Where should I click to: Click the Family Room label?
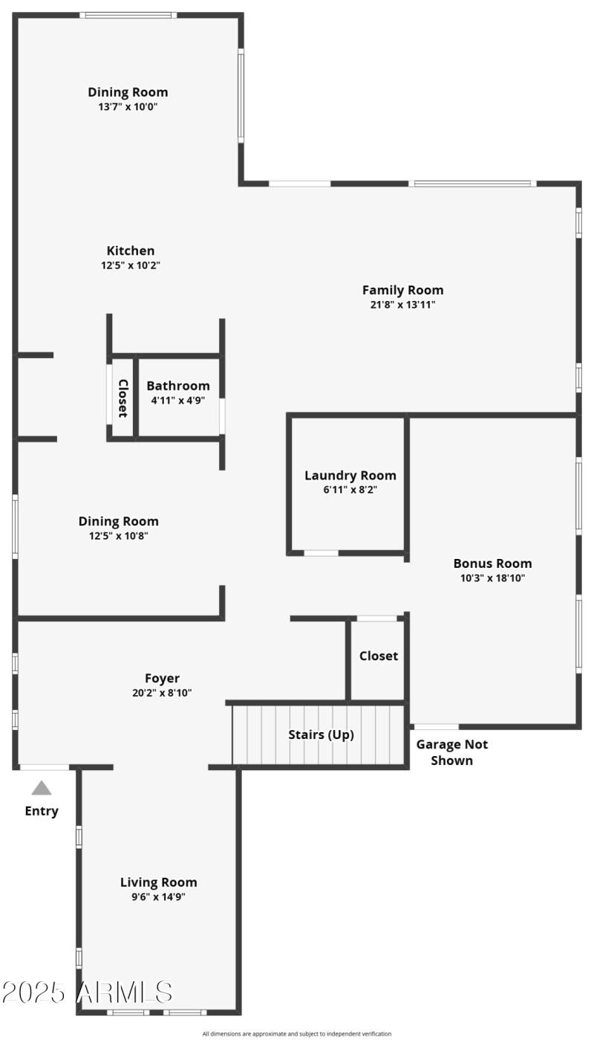coord(402,290)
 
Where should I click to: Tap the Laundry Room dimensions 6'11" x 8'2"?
coord(350,490)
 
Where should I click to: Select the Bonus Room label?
coord(492,563)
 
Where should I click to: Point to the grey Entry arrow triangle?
coord(42,788)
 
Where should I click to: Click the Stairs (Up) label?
coord(321,734)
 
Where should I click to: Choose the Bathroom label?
coord(177,386)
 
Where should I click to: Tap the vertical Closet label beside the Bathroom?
coord(123,398)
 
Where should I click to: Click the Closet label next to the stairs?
coord(378,656)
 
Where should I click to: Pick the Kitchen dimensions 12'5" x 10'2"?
coord(131,265)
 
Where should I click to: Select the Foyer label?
coord(162,678)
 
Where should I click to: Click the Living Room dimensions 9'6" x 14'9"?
coord(158,897)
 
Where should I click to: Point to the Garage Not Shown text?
coord(451,752)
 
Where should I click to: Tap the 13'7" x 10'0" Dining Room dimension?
coord(128,106)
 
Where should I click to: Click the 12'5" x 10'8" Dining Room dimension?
coord(118,535)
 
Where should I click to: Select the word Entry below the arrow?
coord(42,811)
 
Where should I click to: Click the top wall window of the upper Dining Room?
coord(128,15)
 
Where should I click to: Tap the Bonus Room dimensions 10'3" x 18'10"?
coord(492,578)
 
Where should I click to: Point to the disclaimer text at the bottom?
coord(297,1033)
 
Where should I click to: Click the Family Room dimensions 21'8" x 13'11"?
coord(402,304)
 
